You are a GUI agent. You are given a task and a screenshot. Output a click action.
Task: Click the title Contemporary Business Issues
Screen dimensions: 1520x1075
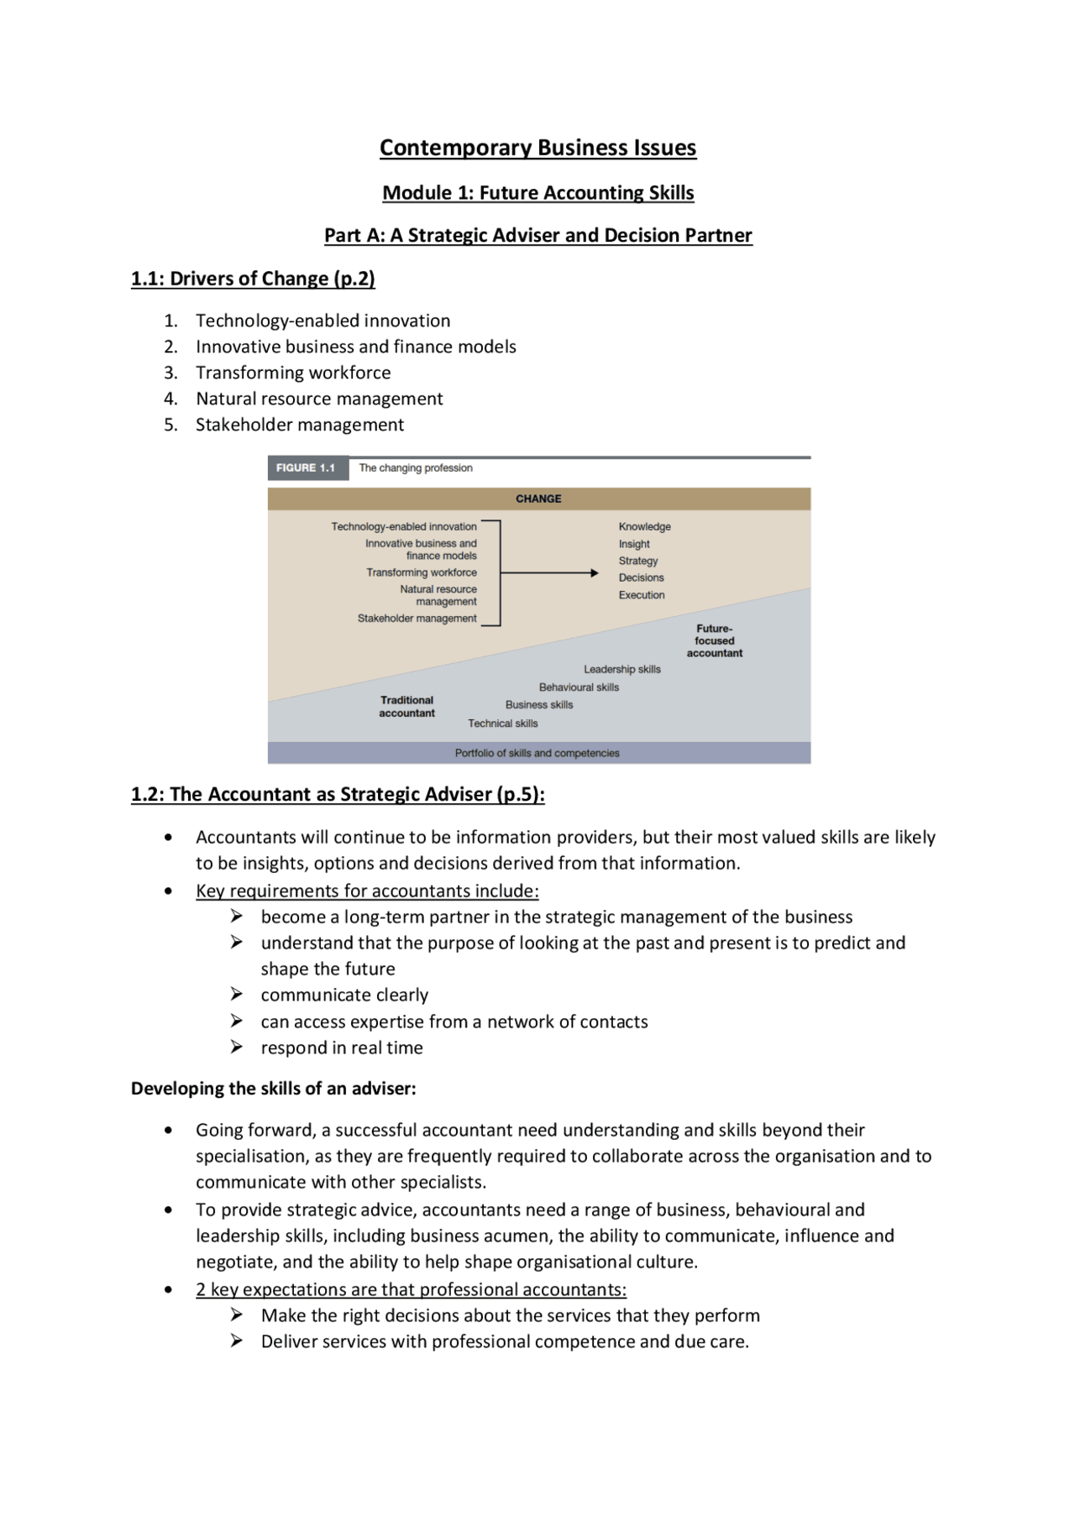pos(537,148)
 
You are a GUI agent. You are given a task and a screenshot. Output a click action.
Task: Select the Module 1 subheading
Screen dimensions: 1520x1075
pos(537,193)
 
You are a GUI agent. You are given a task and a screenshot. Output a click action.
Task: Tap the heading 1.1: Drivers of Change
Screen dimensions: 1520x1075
pos(253,279)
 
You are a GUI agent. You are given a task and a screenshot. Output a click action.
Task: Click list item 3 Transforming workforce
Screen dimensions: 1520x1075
pos(293,373)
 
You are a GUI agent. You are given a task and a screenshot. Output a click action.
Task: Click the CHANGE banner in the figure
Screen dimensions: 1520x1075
pos(538,499)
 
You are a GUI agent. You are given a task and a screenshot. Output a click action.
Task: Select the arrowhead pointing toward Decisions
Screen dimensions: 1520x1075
pos(594,573)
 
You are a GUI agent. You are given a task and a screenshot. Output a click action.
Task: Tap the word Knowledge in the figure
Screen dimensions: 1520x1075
pos(644,527)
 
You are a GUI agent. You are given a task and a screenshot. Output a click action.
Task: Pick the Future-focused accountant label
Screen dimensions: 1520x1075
pos(714,640)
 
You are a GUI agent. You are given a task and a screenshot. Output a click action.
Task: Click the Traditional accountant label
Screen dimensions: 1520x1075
pos(406,707)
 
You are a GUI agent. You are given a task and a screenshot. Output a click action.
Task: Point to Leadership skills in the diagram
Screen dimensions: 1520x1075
pos(621,670)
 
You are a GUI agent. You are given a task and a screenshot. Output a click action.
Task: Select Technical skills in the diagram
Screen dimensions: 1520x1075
pos(502,723)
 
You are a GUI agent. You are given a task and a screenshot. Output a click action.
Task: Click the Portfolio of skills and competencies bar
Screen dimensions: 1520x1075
pos(537,754)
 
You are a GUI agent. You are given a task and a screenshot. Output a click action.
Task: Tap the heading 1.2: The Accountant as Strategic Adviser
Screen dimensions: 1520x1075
pos(338,794)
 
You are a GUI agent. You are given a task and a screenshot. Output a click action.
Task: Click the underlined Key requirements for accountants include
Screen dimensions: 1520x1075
pos(367,891)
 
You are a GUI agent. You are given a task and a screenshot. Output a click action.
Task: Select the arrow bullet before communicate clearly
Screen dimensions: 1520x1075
pos(237,995)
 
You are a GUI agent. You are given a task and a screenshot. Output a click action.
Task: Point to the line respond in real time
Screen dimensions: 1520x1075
pos(342,1047)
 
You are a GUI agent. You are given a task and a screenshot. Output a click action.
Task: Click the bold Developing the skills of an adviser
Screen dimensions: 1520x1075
pos(273,1089)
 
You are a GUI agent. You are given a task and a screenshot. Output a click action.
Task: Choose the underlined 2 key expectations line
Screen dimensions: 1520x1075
pos(411,1289)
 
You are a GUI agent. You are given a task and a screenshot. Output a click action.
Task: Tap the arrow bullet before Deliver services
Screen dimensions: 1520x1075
pos(237,1341)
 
